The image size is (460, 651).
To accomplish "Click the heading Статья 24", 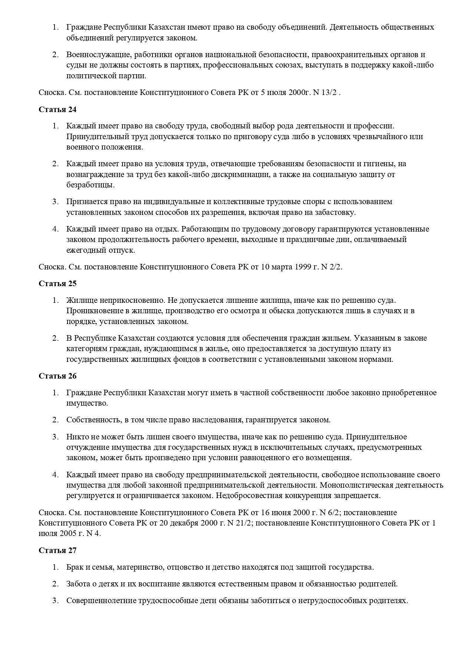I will click(57, 109).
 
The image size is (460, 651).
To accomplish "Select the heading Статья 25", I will click(57, 284).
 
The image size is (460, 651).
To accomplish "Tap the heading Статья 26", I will click(57, 376).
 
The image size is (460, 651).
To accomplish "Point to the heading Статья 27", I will click(57, 550).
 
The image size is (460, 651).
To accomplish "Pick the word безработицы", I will click(90, 185).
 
